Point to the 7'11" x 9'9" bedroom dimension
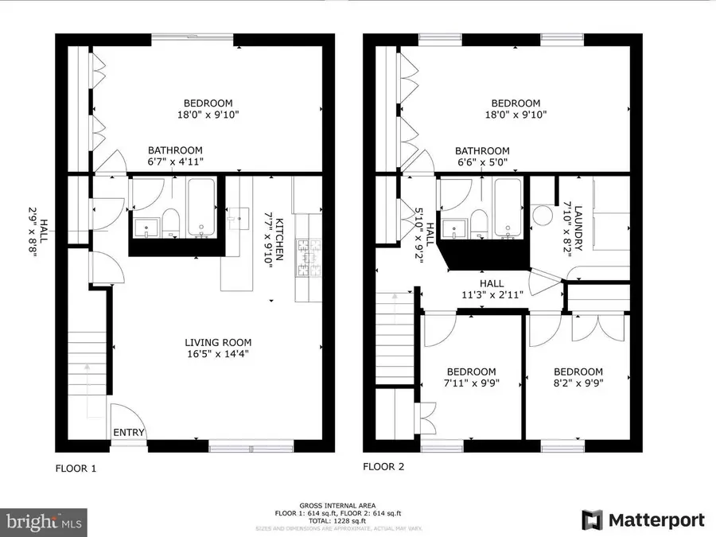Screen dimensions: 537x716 (x=470, y=383)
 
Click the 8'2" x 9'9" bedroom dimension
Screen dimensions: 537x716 (x=578, y=383)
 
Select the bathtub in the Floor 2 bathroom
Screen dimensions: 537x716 (x=508, y=208)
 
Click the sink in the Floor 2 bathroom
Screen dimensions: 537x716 (x=457, y=228)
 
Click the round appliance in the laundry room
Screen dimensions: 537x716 (x=543, y=216)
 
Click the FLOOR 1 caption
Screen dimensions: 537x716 (x=76, y=469)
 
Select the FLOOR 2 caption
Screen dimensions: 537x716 (x=383, y=467)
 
